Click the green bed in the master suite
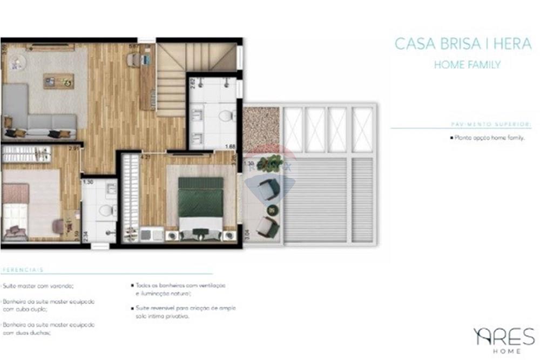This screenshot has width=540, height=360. coord(201,202)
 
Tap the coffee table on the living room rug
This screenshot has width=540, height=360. coord(58,81)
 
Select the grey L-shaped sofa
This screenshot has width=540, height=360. coord(32,116)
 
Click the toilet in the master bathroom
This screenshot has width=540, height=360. coord(228,115)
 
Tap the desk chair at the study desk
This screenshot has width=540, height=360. coord(133,60)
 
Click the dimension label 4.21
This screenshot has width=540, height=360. coord(145,158)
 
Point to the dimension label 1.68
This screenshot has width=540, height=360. coord(230,146)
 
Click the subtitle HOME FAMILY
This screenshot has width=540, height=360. coord(467,65)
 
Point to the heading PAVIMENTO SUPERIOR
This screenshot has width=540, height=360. coord(490,124)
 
